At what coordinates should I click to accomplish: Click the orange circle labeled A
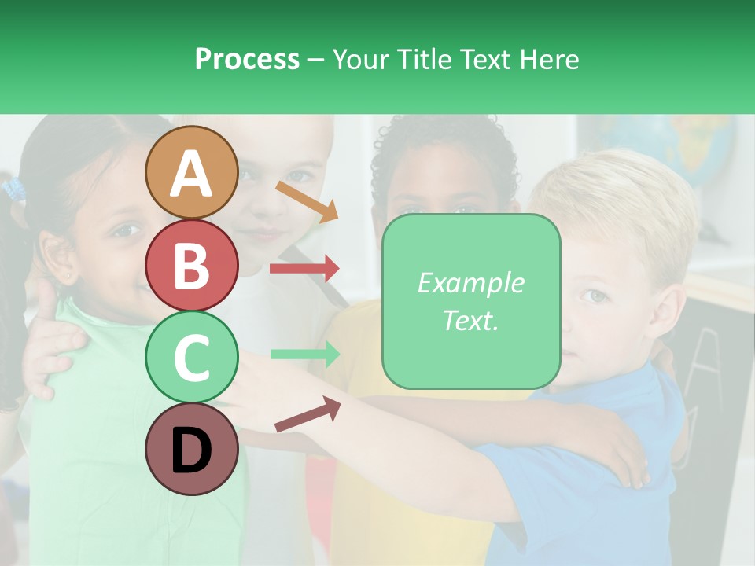coord(191,173)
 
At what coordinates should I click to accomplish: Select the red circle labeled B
coord(191,265)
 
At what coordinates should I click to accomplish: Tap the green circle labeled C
coord(191,357)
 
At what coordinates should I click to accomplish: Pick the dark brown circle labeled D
coord(191,449)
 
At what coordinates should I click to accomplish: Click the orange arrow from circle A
coord(307,201)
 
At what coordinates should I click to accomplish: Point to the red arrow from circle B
coord(304,269)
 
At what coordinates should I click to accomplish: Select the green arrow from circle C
coord(304,354)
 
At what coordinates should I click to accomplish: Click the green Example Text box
coord(471,302)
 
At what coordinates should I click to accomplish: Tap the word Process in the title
coord(247,59)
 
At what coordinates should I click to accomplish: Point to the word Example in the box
coord(471,283)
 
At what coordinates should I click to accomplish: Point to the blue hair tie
coord(13,189)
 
